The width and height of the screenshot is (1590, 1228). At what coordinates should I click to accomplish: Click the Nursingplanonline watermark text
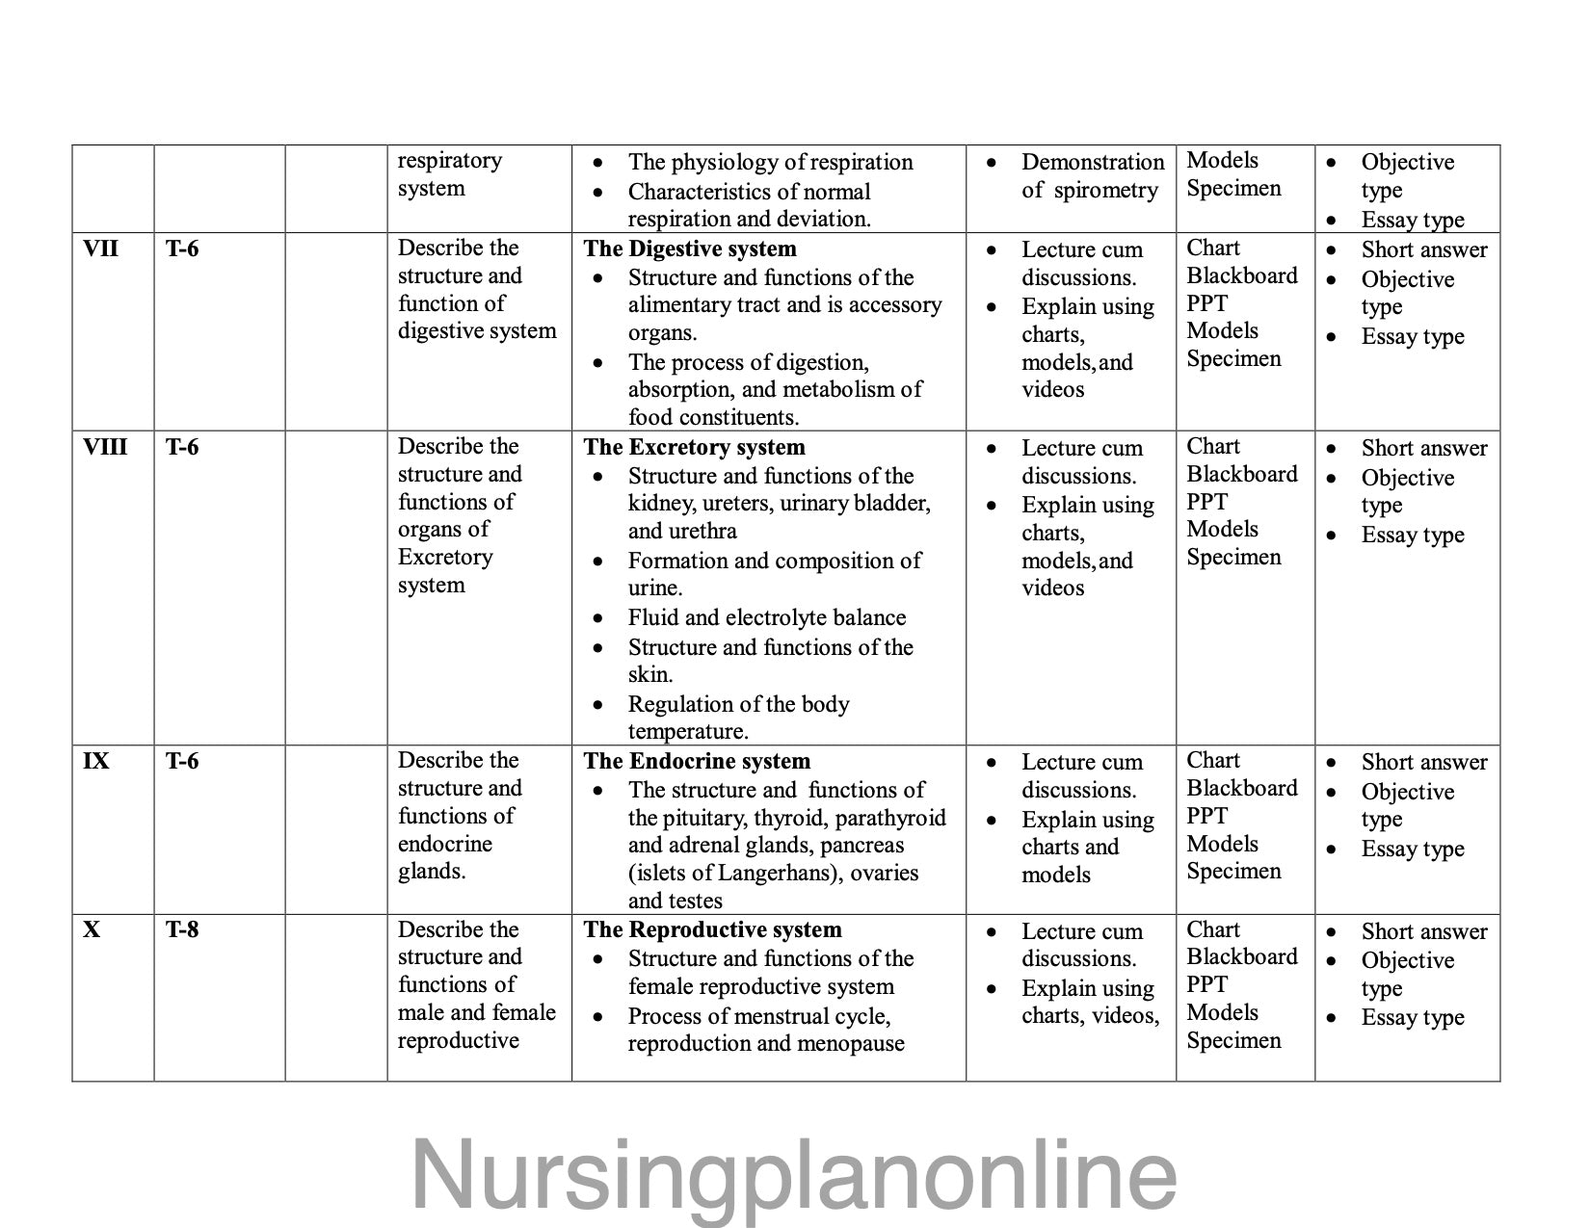794,1174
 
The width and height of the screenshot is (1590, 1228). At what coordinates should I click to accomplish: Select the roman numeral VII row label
101,248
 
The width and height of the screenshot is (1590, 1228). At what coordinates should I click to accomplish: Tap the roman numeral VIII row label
105,447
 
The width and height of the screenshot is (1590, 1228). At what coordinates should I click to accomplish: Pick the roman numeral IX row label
96,761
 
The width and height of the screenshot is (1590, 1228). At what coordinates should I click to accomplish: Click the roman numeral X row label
92,929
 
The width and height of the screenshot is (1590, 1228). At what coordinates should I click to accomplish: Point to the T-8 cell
182,929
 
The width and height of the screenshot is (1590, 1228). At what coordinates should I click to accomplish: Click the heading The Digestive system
690,248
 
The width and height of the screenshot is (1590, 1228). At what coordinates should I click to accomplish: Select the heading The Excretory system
694,447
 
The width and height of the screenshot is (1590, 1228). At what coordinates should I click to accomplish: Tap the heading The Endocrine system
697,761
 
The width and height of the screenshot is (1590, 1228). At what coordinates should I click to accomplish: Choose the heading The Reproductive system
712,929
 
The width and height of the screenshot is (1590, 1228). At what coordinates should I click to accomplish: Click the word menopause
857,1043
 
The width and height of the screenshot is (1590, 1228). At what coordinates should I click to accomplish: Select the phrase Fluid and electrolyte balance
767,617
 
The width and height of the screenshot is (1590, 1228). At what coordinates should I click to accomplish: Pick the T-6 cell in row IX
182,761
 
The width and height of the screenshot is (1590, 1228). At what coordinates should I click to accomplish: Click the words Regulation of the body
738,704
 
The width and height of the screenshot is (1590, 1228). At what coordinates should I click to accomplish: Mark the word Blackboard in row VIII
1241,474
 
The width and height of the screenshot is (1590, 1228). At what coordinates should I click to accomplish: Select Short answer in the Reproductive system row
1423,931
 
